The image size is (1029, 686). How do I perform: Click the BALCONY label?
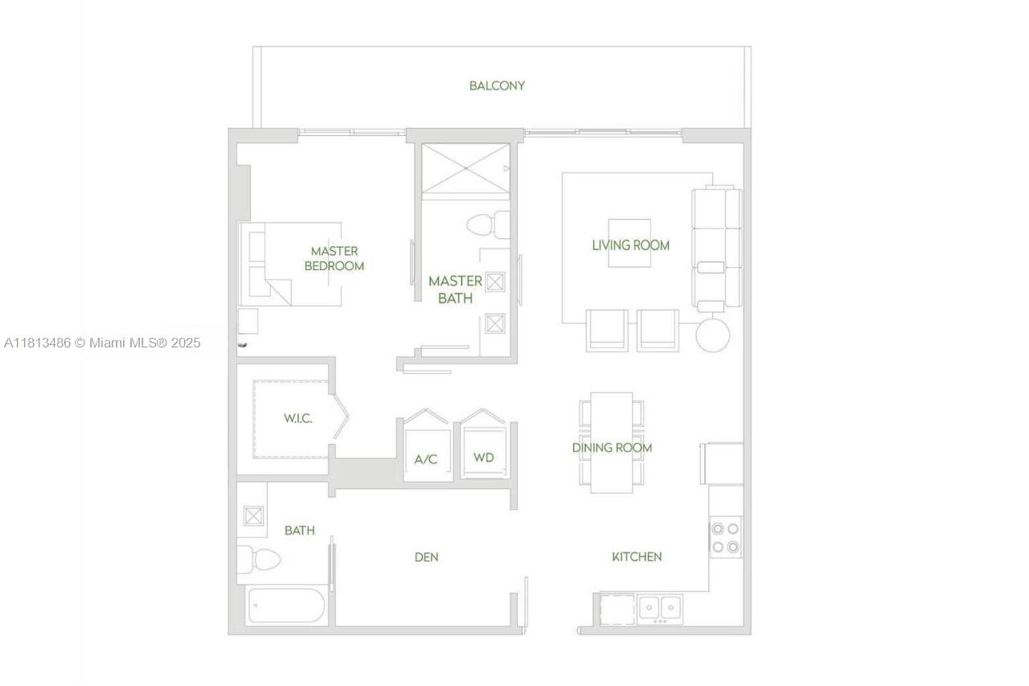click(497, 85)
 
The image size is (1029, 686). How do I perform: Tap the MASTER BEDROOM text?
click(334, 258)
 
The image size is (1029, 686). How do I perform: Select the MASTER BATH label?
click(455, 290)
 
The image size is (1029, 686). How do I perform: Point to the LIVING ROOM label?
click(630, 244)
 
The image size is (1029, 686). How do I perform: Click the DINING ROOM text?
click(612, 447)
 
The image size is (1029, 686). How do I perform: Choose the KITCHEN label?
click(637, 557)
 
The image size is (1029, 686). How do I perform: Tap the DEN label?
click(426, 557)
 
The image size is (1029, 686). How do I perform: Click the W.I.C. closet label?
click(297, 418)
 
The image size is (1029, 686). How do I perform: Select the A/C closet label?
click(425, 459)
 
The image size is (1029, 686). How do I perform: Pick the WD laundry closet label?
click(483, 457)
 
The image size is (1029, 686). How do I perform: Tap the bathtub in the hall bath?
click(285, 606)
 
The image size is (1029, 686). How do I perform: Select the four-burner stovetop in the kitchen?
click(725, 538)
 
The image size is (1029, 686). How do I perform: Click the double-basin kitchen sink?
click(660, 607)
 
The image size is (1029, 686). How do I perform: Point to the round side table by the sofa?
click(712, 335)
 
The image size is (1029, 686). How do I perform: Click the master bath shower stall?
click(466, 169)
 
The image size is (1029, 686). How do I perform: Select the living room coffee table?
click(629, 243)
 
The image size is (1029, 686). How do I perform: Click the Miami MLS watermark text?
click(102, 343)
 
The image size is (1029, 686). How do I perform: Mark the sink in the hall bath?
click(253, 516)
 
